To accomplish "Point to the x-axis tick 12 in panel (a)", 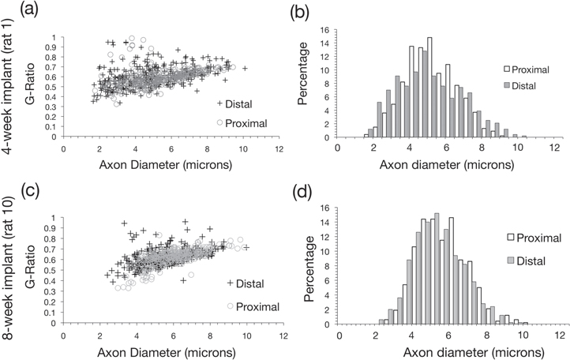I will pyautogui.click(x=280, y=145).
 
